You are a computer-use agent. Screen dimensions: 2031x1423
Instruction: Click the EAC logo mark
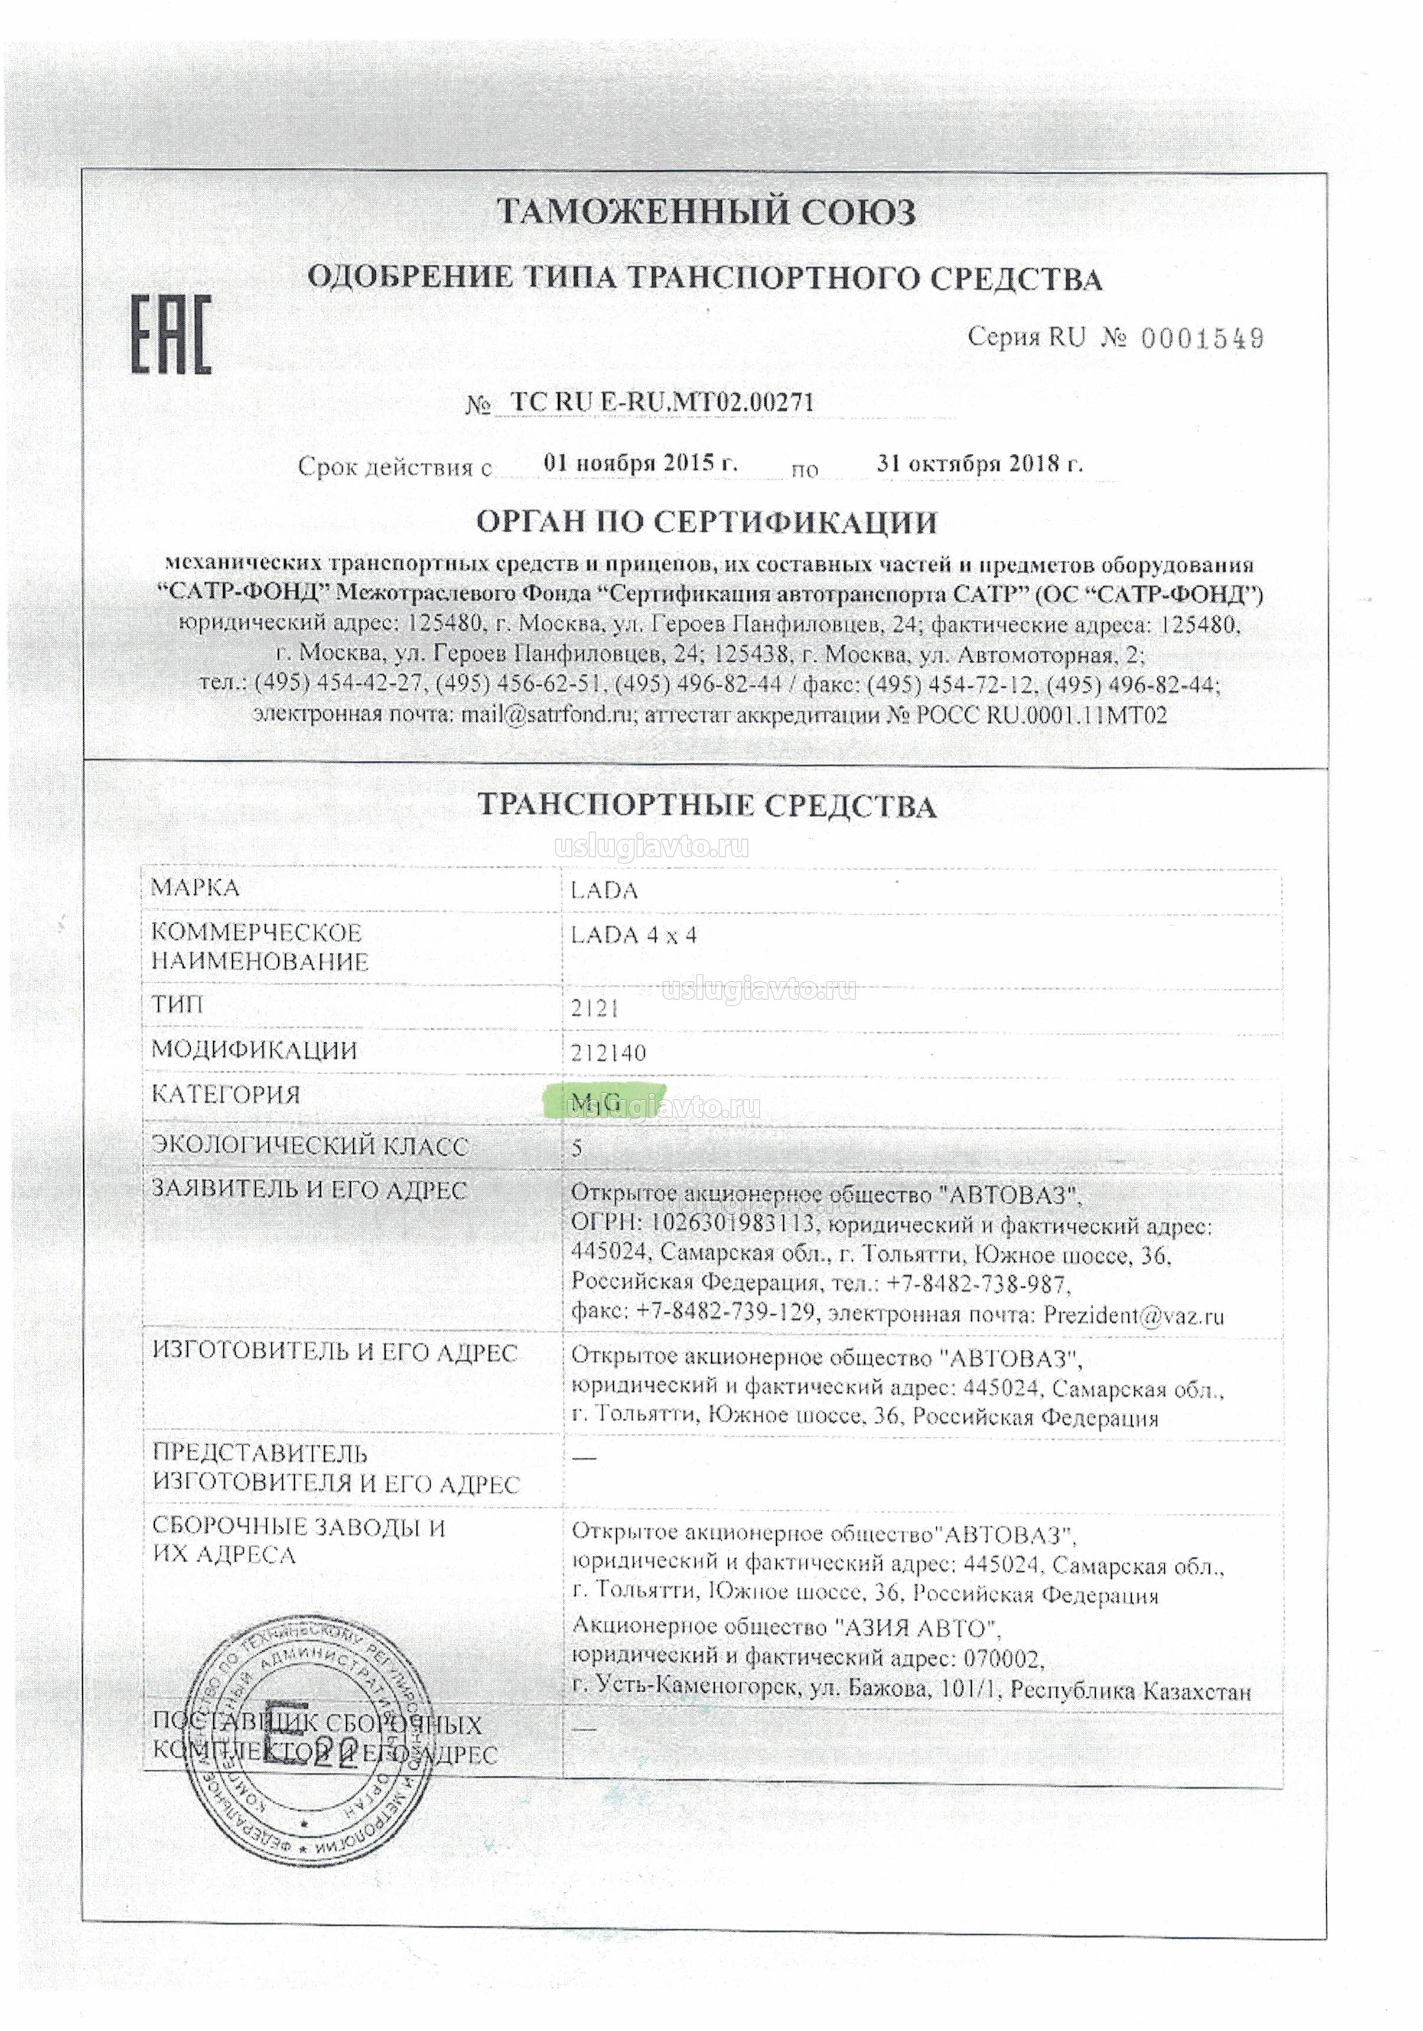pos(171,334)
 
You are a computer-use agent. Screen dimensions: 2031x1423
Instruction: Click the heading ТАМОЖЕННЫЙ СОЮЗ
pos(706,212)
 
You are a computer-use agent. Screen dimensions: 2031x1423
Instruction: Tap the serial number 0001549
pos(1202,339)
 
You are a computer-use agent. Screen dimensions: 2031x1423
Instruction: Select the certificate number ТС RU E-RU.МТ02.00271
pos(662,402)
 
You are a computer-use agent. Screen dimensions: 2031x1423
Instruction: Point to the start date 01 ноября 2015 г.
pos(640,463)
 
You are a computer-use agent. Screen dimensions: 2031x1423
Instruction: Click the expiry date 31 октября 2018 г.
pos(979,463)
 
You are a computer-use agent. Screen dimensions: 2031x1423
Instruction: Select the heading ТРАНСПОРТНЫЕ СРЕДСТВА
pos(706,806)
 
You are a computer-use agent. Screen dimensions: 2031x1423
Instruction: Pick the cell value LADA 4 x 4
pos(633,935)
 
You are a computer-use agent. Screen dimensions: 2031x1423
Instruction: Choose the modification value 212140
pos(608,1052)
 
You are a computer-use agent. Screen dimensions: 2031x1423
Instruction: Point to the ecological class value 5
pos(577,1148)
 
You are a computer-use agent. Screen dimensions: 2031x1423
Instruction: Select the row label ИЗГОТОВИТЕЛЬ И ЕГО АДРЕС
pos(334,1353)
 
